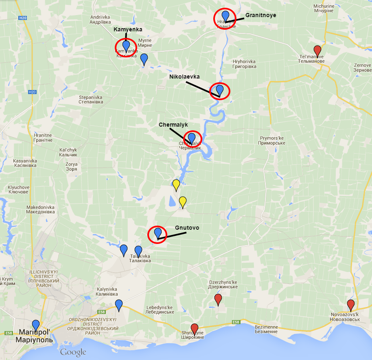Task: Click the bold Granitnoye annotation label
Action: (260, 15)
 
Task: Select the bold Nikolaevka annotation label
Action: (184, 76)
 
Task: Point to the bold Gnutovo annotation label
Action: (187, 228)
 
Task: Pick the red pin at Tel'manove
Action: (317, 51)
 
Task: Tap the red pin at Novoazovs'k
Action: (350, 305)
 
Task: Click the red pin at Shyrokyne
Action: (195, 328)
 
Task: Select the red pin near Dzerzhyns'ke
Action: (218, 300)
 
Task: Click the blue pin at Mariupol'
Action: (36, 325)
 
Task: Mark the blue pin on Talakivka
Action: (138, 251)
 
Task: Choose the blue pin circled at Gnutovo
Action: (158, 233)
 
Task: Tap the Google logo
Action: (73, 352)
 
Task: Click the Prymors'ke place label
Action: (272, 140)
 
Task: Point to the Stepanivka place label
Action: (91, 100)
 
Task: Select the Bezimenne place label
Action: (266, 329)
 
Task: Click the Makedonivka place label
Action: (40, 209)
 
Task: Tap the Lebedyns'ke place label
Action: (160, 310)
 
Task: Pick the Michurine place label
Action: (324, 9)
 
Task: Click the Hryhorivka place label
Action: (244, 64)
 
